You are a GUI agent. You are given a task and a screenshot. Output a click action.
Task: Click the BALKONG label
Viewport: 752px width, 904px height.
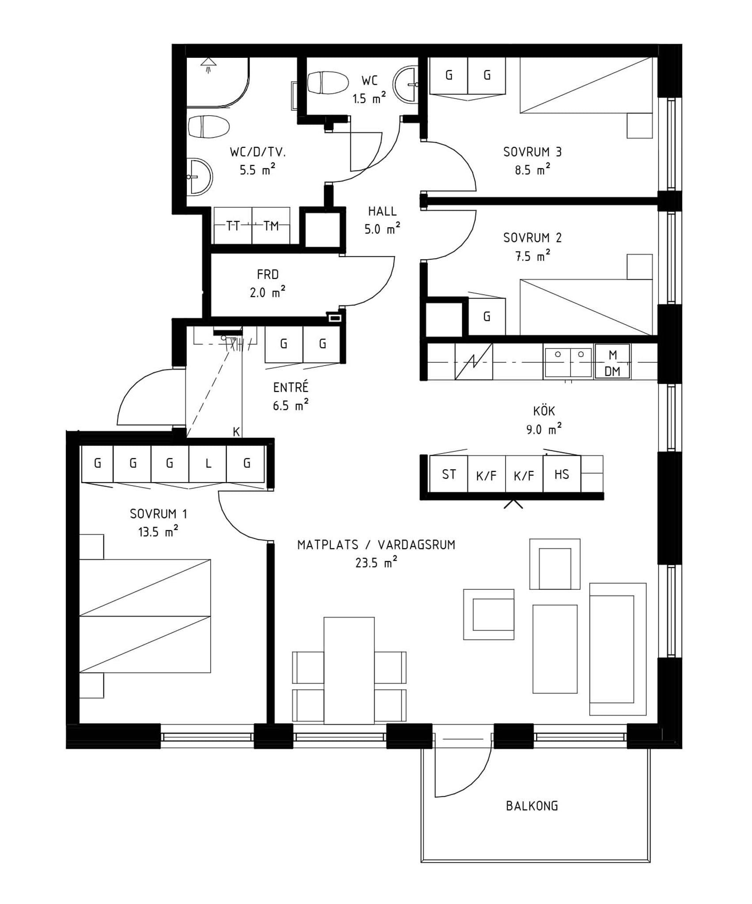pos(532,806)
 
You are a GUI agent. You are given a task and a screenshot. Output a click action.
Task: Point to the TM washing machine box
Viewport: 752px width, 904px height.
pos(271,226)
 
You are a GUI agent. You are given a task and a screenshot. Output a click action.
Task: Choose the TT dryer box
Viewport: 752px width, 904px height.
pos(233,226)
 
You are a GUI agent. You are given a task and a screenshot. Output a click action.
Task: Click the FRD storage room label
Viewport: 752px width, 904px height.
pos(268,275)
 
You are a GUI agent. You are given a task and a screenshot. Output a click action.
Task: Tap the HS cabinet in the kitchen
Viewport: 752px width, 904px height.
pos(562,474)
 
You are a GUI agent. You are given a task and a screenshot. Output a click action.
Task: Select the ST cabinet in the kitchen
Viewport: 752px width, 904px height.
pos(449,474)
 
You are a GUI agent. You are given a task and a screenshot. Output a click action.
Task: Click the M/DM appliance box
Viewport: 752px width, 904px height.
pos(612,362)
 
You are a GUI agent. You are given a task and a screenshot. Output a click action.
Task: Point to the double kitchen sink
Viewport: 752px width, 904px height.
pos(568,362)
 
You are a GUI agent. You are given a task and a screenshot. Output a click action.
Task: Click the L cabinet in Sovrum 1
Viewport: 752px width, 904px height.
pos(208,463)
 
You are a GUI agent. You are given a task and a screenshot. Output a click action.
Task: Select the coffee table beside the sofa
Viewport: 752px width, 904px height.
pos(555,649)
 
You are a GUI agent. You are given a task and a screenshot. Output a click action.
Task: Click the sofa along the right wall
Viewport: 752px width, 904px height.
pos(618,649)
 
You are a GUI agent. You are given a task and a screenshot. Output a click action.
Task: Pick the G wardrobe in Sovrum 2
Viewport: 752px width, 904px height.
pos(487,316)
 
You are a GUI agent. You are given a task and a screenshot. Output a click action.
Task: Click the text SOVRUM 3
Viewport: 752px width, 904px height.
pos(533,152)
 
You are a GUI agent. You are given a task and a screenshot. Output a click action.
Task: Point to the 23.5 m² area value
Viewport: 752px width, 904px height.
pos(376,562)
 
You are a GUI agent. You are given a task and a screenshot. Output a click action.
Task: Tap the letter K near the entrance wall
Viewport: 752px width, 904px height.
pos(236,432)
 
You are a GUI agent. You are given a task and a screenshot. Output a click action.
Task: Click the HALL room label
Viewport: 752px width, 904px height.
pos(382,211)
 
